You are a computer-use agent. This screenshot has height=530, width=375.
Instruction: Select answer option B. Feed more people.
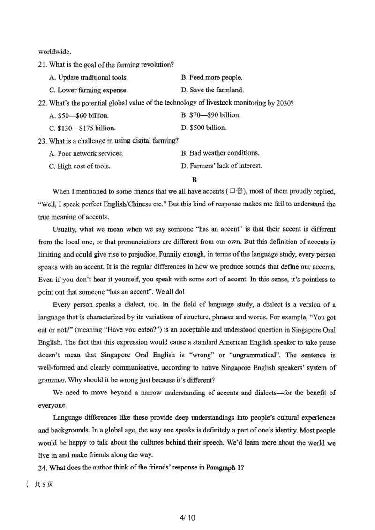pyautogui.click(x=211, y=77)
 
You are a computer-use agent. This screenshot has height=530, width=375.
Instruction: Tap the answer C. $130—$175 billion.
pyautogui.click(x=82, y=128)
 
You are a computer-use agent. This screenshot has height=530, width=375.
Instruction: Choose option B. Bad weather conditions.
pyautogui.click(x=220, y=153)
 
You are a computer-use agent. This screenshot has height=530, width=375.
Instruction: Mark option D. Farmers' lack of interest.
pyautogui.click(x=221, y=166)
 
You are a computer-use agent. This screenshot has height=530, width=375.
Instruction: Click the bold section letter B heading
pyautogui.click(x=194, y=179)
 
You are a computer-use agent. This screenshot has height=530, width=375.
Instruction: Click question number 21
pyautogui.click(x=43, y=65)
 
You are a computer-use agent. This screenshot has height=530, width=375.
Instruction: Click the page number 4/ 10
pyautogui.click(x=187, y=518)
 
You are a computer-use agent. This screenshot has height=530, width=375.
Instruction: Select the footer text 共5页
pyautogui.click(x=44, y=485)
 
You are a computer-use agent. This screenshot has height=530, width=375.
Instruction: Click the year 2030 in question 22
pyautogui.click(x=285, y=103)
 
